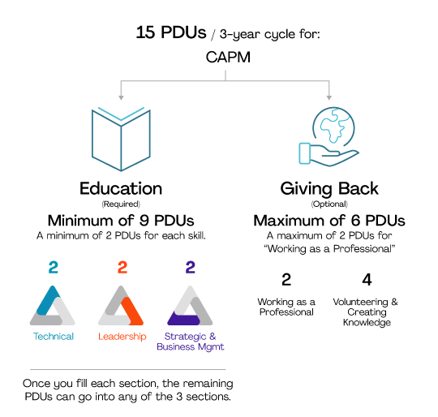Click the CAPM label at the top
(228, 58)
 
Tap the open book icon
(121, 139)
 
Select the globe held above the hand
(333, 127)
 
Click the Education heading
(121, 188)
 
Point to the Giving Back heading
(329, 189)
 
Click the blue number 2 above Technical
(53, 267)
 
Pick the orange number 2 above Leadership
(122, 267)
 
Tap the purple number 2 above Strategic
(191, 267)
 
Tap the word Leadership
(122, 337)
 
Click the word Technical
(54, 337)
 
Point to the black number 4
(367, 280)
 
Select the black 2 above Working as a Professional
(286, 280)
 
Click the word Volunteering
(360, 302)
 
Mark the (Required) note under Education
(121, 204)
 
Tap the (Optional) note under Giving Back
(329, 204)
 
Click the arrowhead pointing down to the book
(121, 97)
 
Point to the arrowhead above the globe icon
(329, 97)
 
